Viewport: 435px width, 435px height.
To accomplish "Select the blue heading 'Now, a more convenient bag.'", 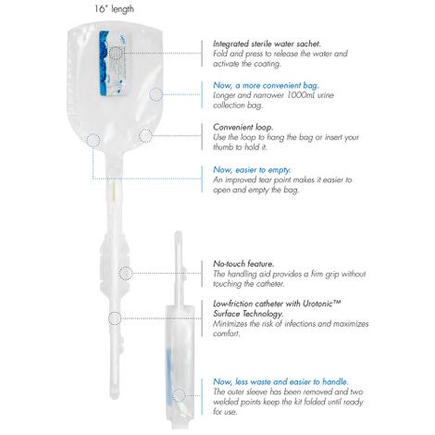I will [x=263, y=84].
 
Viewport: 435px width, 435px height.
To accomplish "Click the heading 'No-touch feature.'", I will [x=242, y=264].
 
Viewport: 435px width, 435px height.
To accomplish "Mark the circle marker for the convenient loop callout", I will [x=145, y=135].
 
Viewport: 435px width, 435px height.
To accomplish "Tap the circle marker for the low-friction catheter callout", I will [x=115, y=317].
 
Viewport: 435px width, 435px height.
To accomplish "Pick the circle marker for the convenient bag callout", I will [x=155, y=93].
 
